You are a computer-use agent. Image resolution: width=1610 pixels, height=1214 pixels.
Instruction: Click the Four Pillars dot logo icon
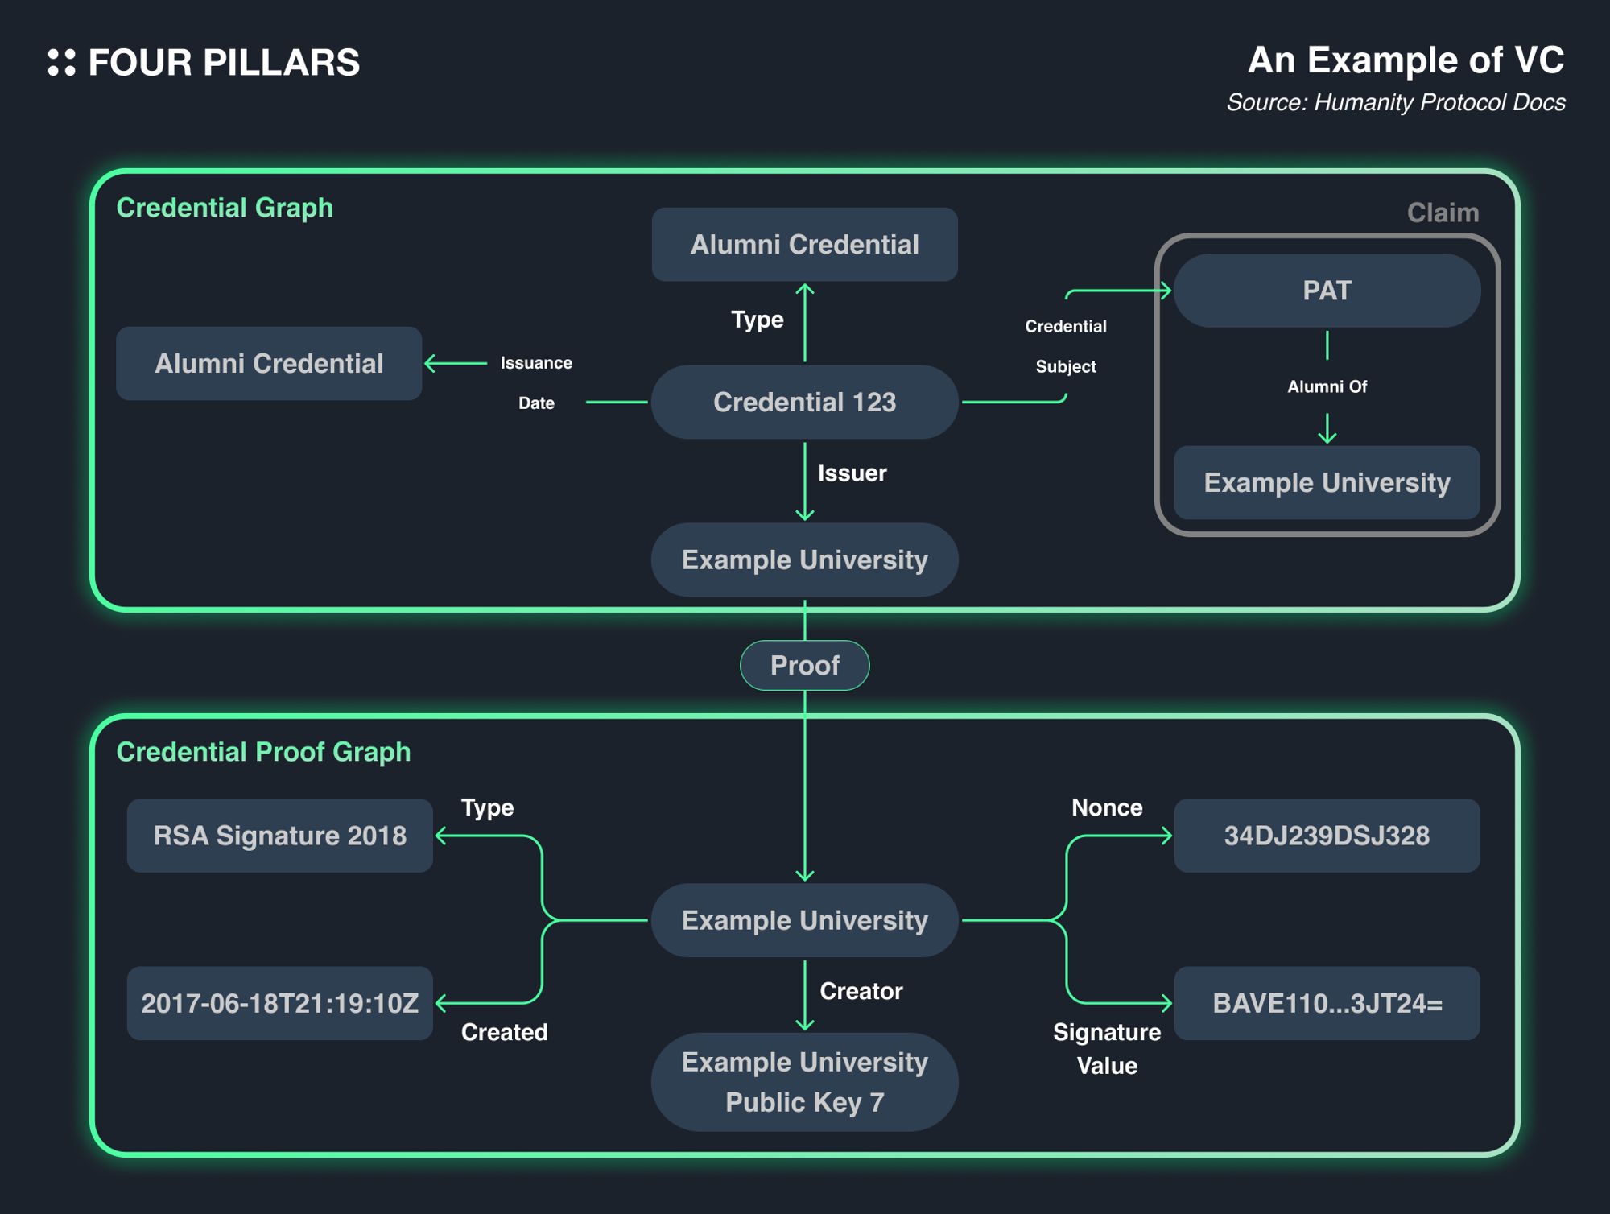click(61, 63)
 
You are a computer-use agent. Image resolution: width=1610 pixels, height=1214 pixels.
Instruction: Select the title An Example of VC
click(1405, 60)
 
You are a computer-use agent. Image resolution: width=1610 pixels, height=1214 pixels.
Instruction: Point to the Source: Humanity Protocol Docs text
click(1395, 103)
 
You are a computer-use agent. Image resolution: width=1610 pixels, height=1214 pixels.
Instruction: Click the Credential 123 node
click(804, 402)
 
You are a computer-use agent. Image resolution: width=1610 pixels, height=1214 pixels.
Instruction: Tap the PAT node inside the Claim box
click(1327, 291)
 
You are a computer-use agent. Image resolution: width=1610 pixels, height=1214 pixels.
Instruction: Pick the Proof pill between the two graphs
click(804, 665)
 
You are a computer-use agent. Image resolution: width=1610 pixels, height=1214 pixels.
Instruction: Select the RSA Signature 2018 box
click(279, 836)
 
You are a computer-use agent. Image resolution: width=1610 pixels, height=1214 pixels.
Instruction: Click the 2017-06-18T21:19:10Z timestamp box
click(279, 1003)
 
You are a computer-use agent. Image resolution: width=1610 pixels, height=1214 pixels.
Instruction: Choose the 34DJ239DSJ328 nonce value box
click(1327, 836)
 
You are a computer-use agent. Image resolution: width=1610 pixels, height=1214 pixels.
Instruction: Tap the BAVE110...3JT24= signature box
click(1327, 1003)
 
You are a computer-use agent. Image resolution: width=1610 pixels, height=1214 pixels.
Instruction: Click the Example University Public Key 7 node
click(804, 1081)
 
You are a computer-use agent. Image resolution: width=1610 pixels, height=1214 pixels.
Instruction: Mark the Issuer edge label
click(852, 473)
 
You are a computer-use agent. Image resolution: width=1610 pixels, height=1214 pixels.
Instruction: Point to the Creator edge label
click(861, 991)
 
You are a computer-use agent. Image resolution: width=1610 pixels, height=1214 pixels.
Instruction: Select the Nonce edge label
click(1107, 807)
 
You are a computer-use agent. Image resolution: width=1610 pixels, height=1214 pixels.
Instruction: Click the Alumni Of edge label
click(1327, 386)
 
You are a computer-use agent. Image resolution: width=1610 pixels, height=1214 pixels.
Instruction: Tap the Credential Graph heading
click(225, 208)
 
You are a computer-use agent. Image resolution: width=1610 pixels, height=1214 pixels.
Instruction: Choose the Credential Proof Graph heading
click(263, 752)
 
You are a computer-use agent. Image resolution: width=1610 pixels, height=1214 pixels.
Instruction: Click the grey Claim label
click(1443, 213)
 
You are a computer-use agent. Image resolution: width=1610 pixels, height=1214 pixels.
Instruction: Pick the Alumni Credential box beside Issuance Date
click(269, 363)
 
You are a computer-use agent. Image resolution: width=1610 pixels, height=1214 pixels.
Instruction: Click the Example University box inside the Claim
click(1327, 482)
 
